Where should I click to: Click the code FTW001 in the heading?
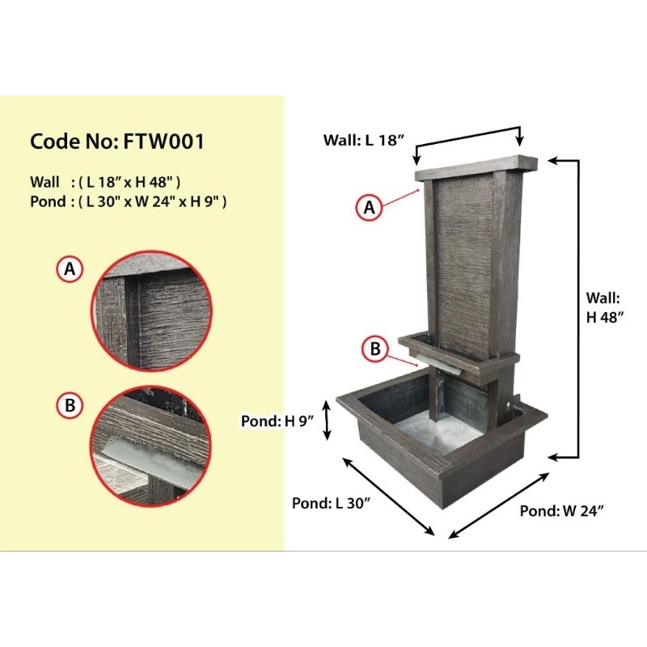click(164, 142)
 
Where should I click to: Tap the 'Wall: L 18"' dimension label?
click(363, 140)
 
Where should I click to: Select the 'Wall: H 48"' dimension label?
click(604, 307)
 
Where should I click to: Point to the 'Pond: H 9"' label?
click(277, 421)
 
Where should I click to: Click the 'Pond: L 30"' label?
click(331, 503)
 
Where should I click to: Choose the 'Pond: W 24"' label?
click(561, 511)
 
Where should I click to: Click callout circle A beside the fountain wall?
click(369, 207)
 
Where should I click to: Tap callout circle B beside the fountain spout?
click(374, 349)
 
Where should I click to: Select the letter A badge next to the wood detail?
click(70, 269)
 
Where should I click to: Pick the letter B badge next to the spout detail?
click(70, 405)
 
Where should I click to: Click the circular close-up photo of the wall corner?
click(151, 311)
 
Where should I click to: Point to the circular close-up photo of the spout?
click(150, 446)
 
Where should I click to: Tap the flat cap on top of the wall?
click(476, 167)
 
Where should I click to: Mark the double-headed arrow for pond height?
click(327, 421)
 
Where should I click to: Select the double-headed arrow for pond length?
click(388, 497)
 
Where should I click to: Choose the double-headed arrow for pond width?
click(498, 505)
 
